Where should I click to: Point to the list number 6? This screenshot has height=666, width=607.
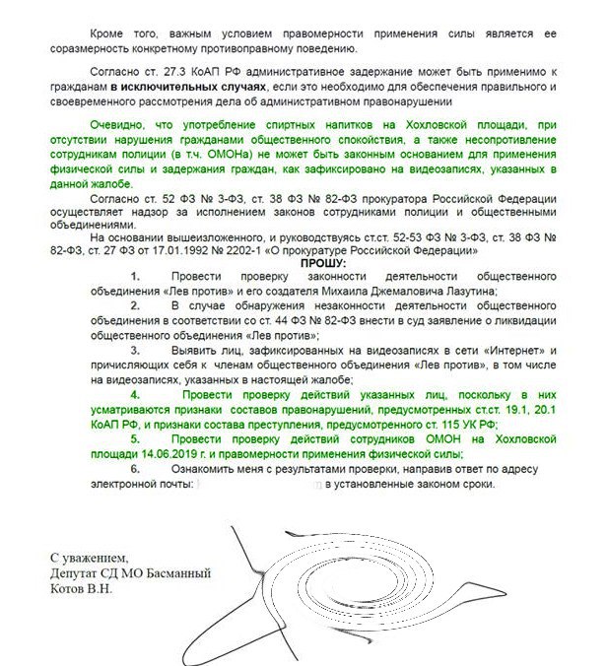pyautogui.click(x=136, y=468)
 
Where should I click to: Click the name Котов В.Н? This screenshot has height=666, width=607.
pyautogui.click(x=84, y=588)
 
